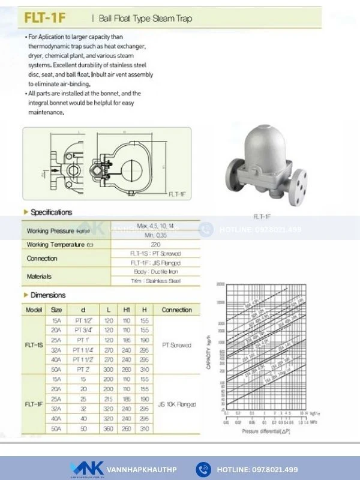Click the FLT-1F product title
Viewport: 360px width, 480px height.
(x=45, y=19)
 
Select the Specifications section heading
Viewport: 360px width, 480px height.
(x=51, y=212)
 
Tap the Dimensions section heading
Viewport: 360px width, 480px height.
(x=48, y=295)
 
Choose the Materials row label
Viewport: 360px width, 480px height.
(x=39, y=277)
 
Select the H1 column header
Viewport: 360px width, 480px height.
(x=127, y=310)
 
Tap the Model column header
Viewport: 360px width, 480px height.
(x=33, y=310)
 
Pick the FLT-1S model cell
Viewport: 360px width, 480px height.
(x=33, y=346)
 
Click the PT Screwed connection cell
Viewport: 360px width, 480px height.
(x=176, y=346)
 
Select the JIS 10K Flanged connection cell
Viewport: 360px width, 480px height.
(x=176, y=404)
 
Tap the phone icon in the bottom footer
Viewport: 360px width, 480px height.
(x=204, y=469)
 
